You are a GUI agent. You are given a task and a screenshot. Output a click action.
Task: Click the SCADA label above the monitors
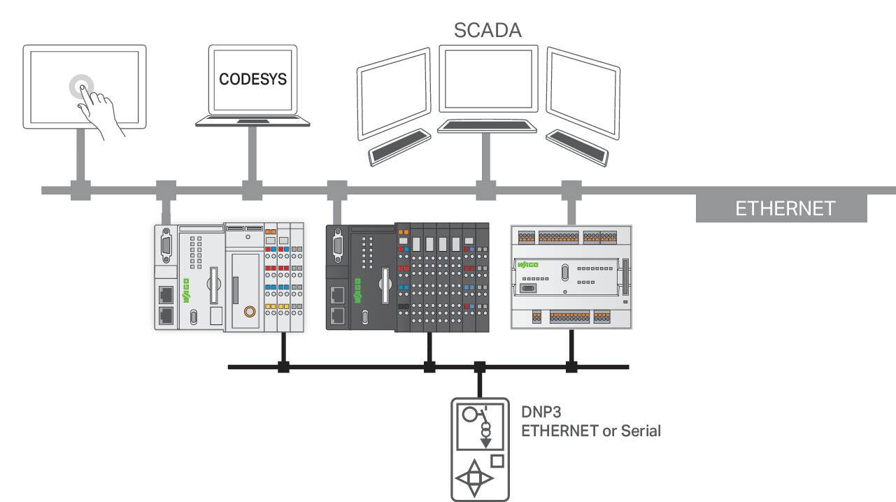(x=488, y=30)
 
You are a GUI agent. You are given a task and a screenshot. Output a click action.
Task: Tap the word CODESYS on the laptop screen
(x=253, y=79)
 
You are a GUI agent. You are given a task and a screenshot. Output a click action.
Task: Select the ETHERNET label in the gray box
(x=785, y=208)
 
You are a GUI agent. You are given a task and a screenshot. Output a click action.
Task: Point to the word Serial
(x=641, y=431)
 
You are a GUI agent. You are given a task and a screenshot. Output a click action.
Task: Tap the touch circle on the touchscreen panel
(x=81, y=87)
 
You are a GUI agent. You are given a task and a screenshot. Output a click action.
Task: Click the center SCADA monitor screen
(x=488, y=79)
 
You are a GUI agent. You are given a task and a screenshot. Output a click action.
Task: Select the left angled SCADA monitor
(x=394, y=94)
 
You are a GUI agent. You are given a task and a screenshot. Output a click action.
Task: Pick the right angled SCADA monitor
(x=583, y=93)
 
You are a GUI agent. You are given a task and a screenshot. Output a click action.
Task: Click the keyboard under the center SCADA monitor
(x=487, y=127)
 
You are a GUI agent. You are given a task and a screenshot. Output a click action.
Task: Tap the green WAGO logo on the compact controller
(x=527, y=264)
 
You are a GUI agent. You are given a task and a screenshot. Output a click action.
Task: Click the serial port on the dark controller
(x=338, y=245)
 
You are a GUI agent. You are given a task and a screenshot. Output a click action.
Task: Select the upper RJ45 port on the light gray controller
(x=166, y=294)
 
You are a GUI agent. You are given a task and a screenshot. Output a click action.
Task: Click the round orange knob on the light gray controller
(x=250, y=311)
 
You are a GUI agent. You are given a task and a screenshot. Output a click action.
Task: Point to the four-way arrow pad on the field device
(x=474, y=478)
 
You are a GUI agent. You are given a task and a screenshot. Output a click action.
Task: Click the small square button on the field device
(x=497, y=461)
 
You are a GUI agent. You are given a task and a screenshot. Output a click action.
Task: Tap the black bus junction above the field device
(x=480, y=367)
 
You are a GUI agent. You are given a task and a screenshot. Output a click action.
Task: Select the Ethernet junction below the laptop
(x=252, y=190)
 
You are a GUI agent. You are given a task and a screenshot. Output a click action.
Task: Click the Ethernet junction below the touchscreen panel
(x=81, y=190)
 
